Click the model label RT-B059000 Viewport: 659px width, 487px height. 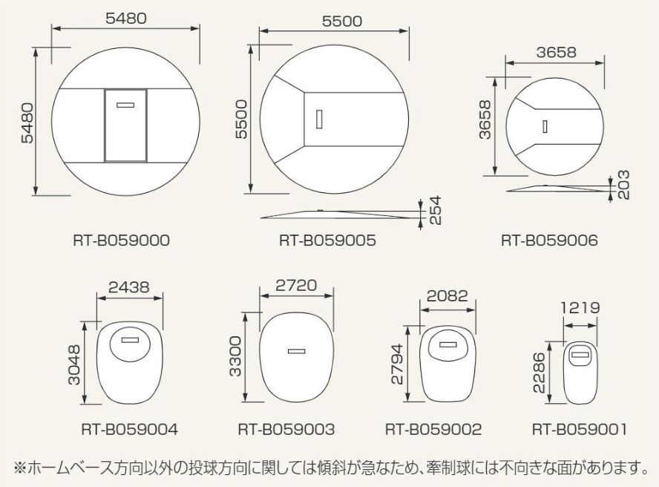122,241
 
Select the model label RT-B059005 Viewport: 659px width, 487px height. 327,241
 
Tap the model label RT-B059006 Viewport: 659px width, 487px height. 549,241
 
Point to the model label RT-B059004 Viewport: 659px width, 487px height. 129,429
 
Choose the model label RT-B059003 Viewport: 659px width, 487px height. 286,429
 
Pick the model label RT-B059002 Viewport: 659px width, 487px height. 433,429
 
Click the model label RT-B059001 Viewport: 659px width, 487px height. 580,429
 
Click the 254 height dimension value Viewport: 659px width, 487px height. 436,210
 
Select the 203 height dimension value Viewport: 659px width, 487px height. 623,185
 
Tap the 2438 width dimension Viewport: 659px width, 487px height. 128,287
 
